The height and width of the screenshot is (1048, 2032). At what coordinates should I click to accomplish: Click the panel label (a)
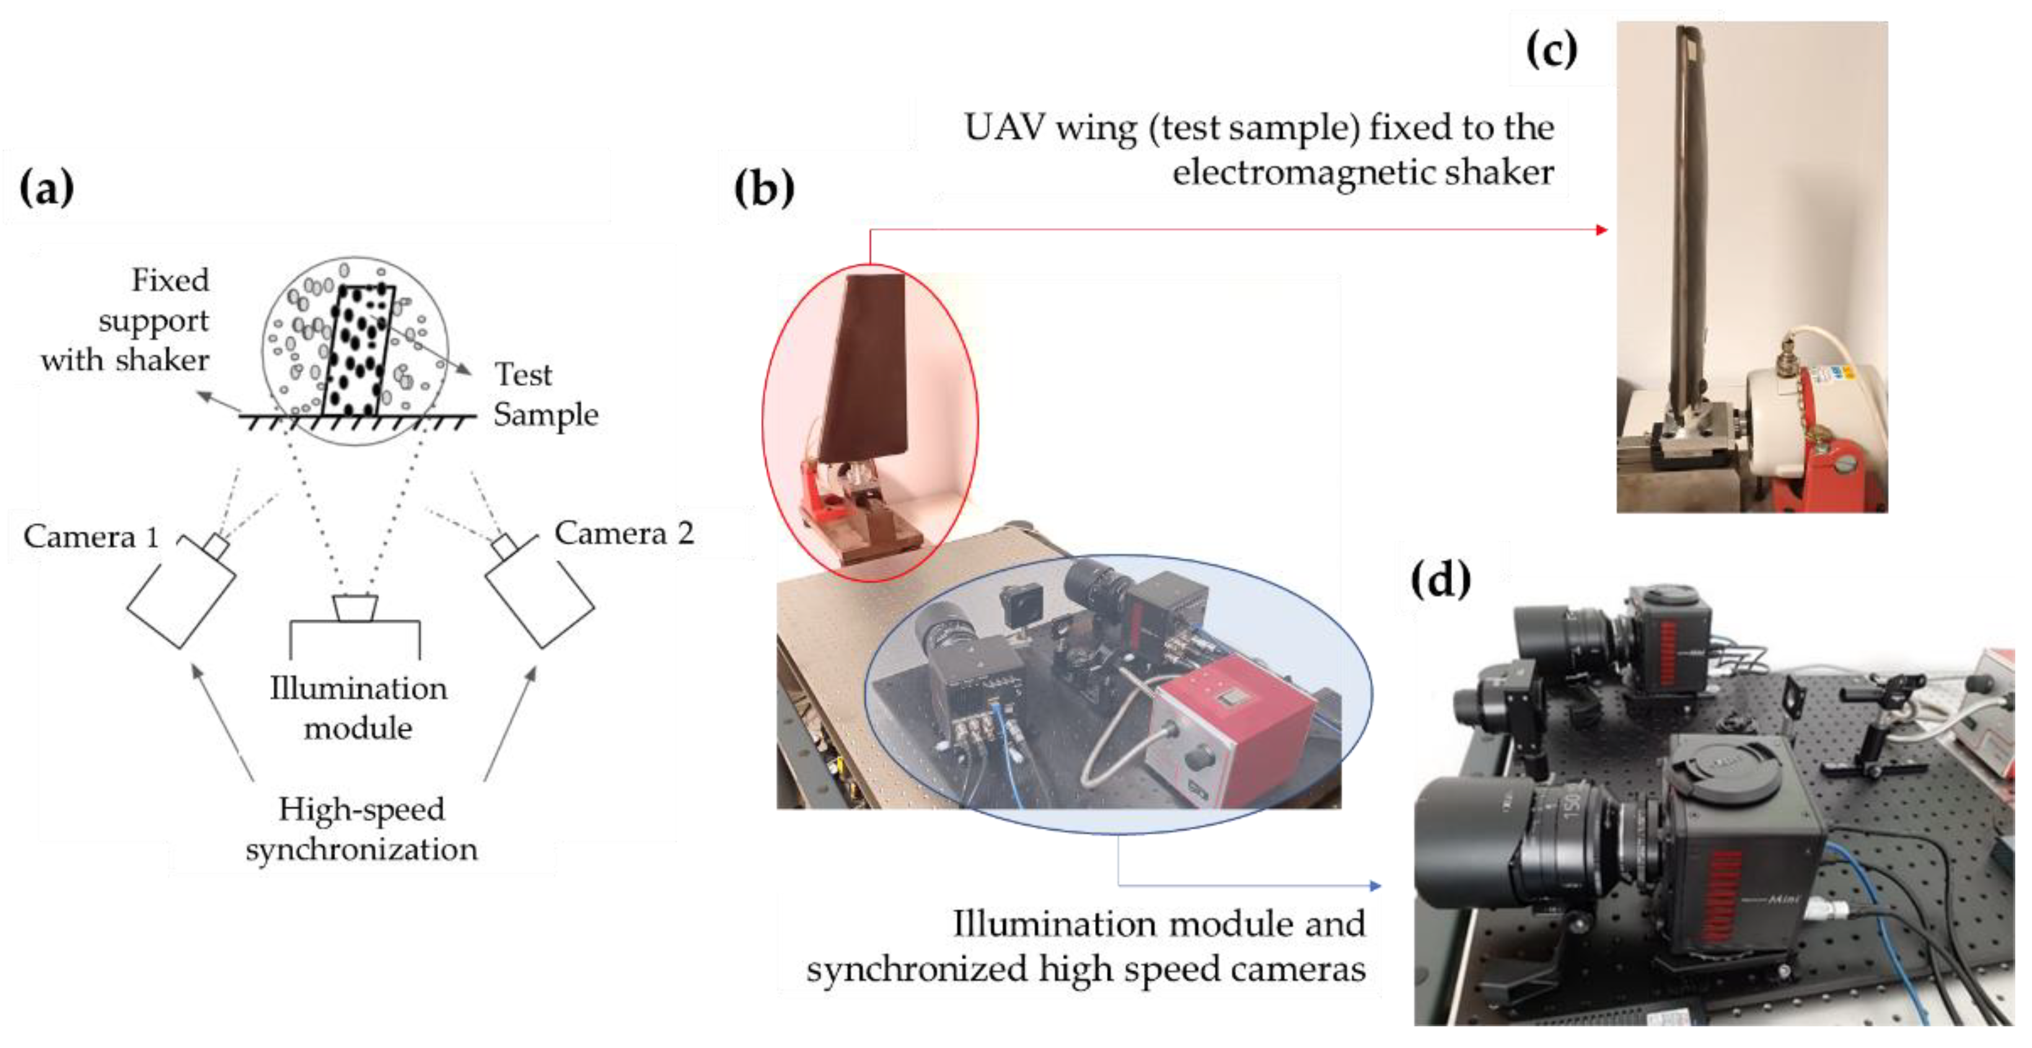pyautogui.click(x=46, y=188)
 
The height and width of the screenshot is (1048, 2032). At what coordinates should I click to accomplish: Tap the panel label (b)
pyautogui.click(x=763, y=188)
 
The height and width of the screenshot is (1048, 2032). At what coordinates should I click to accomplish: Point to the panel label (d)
pyautogui.click(x=1440, y=580)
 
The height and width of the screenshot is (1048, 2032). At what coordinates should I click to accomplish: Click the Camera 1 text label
pyautogui.click(x=90, y=537)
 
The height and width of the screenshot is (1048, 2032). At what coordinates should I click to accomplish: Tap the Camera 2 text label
pyautogui.click(x=624, y=533)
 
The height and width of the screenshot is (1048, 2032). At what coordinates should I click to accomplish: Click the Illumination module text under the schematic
pyautogui.click(x=358, y=708)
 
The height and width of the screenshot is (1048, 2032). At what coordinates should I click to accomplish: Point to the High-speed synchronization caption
pyautogui.click(x=361, y=829)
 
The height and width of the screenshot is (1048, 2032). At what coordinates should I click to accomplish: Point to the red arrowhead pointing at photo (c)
pyautogui.click(x=1601, y=230)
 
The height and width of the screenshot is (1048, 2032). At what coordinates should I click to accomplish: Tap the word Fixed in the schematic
pyautogui.click(x=170, y=280)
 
